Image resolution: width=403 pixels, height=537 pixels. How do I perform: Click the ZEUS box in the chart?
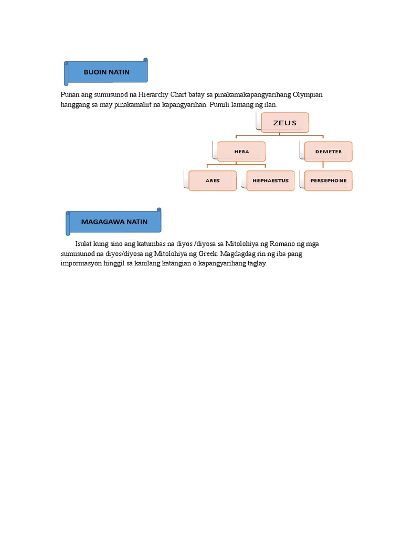(x=284, y=123)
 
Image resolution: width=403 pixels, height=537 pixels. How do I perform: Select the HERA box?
(x=241, y=152)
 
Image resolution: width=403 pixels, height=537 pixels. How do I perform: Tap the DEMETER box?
(x=328, y=152)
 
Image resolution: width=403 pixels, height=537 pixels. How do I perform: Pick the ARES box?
(x=213, y=180)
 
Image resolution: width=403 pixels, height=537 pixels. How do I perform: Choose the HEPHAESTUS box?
(x=270, y=180)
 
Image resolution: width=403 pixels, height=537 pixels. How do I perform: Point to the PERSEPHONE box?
(x=328, y=180)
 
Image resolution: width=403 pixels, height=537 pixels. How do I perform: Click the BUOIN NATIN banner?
(x=107, y=72)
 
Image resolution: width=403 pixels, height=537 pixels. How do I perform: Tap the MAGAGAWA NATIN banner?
(x=114, y=222)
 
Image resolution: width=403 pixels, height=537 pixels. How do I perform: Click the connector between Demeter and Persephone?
(x=323, y=166)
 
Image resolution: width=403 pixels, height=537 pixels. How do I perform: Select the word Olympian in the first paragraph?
(x=308, y=94)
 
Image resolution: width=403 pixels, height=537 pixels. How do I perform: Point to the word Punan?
(x=70, y=94)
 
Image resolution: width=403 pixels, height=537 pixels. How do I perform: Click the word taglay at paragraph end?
(x=257, y=264)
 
